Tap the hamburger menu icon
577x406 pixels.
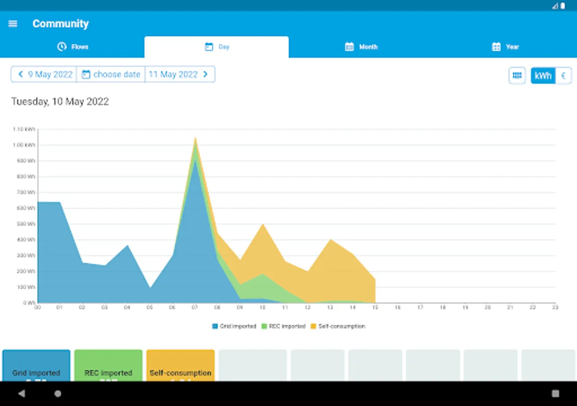click(13, 24)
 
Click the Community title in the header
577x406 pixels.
click(60, 24)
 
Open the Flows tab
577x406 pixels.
click(73, 47)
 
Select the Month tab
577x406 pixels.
click(361, 47)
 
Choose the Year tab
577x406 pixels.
click(505, 47)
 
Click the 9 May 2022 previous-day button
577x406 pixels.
click(44, 74)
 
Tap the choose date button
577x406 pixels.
click(111, 74)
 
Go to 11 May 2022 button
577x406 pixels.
click(179, 74)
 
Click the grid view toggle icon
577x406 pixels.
click(517, 76)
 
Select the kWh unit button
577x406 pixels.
click(543, 76)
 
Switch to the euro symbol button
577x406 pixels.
click(563, 76)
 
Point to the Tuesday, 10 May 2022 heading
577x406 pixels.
click(60, 101)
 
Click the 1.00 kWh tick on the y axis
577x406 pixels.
click(24, 145)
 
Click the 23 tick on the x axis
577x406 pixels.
click(555, 307)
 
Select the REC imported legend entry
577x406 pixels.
click(284, 326)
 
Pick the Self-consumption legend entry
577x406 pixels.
click(338, 326)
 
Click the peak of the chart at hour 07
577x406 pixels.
click(195, 139)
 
